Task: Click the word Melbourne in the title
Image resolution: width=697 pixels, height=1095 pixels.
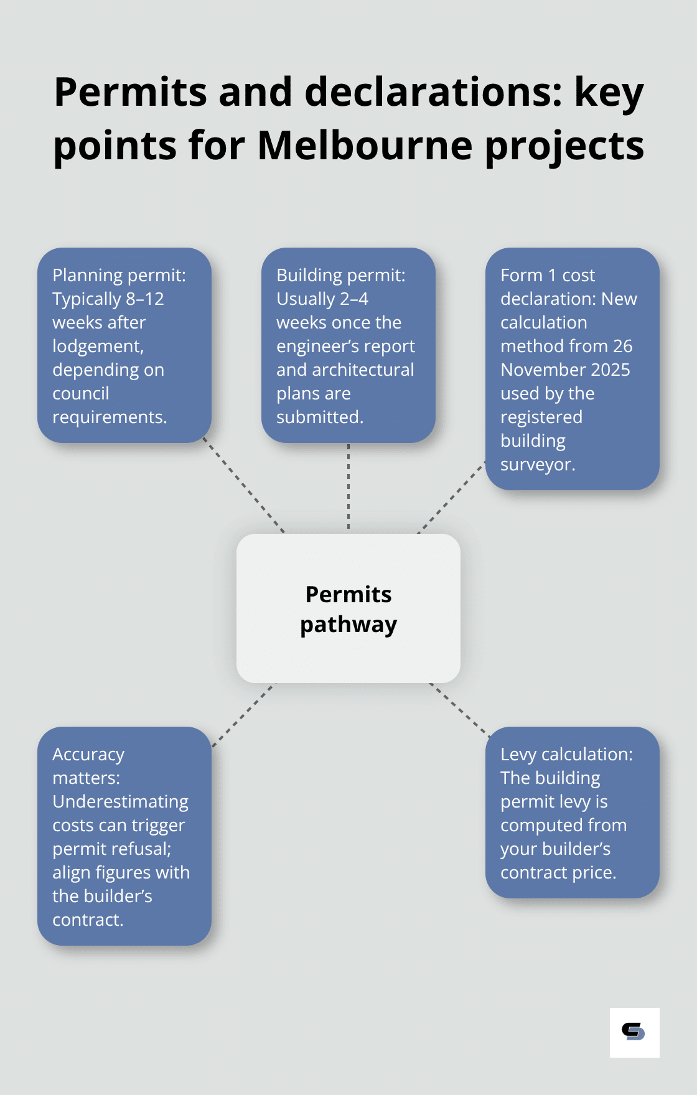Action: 365,146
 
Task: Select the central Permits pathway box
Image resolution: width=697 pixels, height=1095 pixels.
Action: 348,608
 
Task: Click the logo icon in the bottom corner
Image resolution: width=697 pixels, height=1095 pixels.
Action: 634,1032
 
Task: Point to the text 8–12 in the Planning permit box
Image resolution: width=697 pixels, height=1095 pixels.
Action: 145,299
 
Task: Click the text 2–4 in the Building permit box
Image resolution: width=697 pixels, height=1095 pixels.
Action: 354,299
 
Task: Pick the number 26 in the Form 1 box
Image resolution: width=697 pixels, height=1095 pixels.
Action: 622,347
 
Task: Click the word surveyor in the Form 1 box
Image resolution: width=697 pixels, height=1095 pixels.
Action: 536,465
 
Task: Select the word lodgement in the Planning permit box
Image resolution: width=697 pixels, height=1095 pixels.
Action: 98,347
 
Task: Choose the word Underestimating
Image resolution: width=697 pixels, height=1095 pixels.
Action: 120,802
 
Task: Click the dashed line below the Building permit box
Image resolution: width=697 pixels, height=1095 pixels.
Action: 348,488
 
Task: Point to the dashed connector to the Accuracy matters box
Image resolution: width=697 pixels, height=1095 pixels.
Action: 243,715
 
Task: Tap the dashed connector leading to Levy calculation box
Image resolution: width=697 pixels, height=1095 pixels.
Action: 459,709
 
